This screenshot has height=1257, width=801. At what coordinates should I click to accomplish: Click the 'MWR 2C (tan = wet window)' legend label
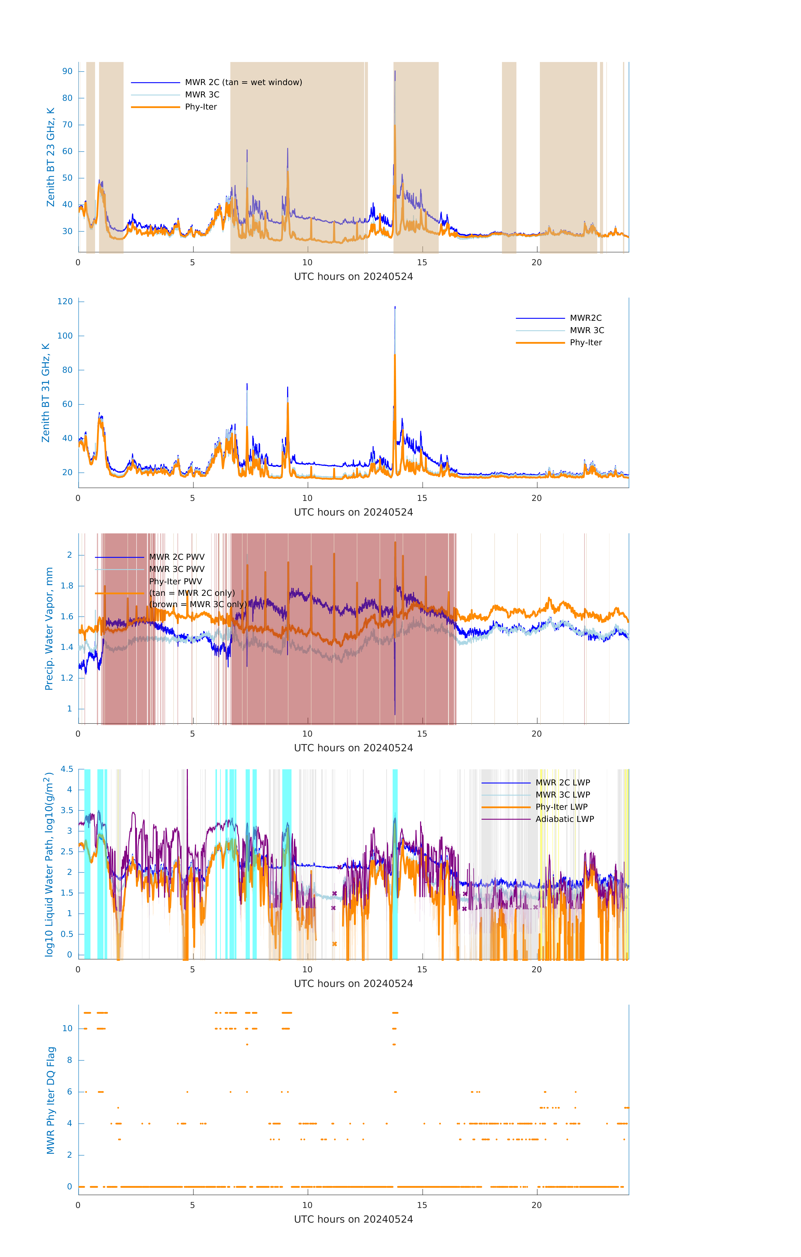[243, 83]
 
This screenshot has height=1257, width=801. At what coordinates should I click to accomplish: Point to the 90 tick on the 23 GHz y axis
[67, 71]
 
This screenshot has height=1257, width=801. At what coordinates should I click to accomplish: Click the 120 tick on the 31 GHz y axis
[65, 302]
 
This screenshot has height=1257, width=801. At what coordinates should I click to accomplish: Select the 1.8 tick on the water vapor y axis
[67, 586]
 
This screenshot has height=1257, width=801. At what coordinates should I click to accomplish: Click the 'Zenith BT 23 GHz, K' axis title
[51, 157]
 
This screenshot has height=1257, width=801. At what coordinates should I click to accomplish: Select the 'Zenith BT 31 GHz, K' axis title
[46, 393]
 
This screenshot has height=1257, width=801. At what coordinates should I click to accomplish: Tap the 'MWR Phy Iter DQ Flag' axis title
[51, 1100]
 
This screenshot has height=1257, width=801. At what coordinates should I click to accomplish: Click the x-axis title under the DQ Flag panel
[353, 1219]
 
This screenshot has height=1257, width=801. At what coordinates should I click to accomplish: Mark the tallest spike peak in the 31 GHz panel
[395, 307]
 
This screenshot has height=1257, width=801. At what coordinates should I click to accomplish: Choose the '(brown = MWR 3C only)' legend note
[198, 604]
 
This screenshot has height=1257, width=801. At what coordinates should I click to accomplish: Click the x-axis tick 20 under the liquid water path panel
[537, 969]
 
